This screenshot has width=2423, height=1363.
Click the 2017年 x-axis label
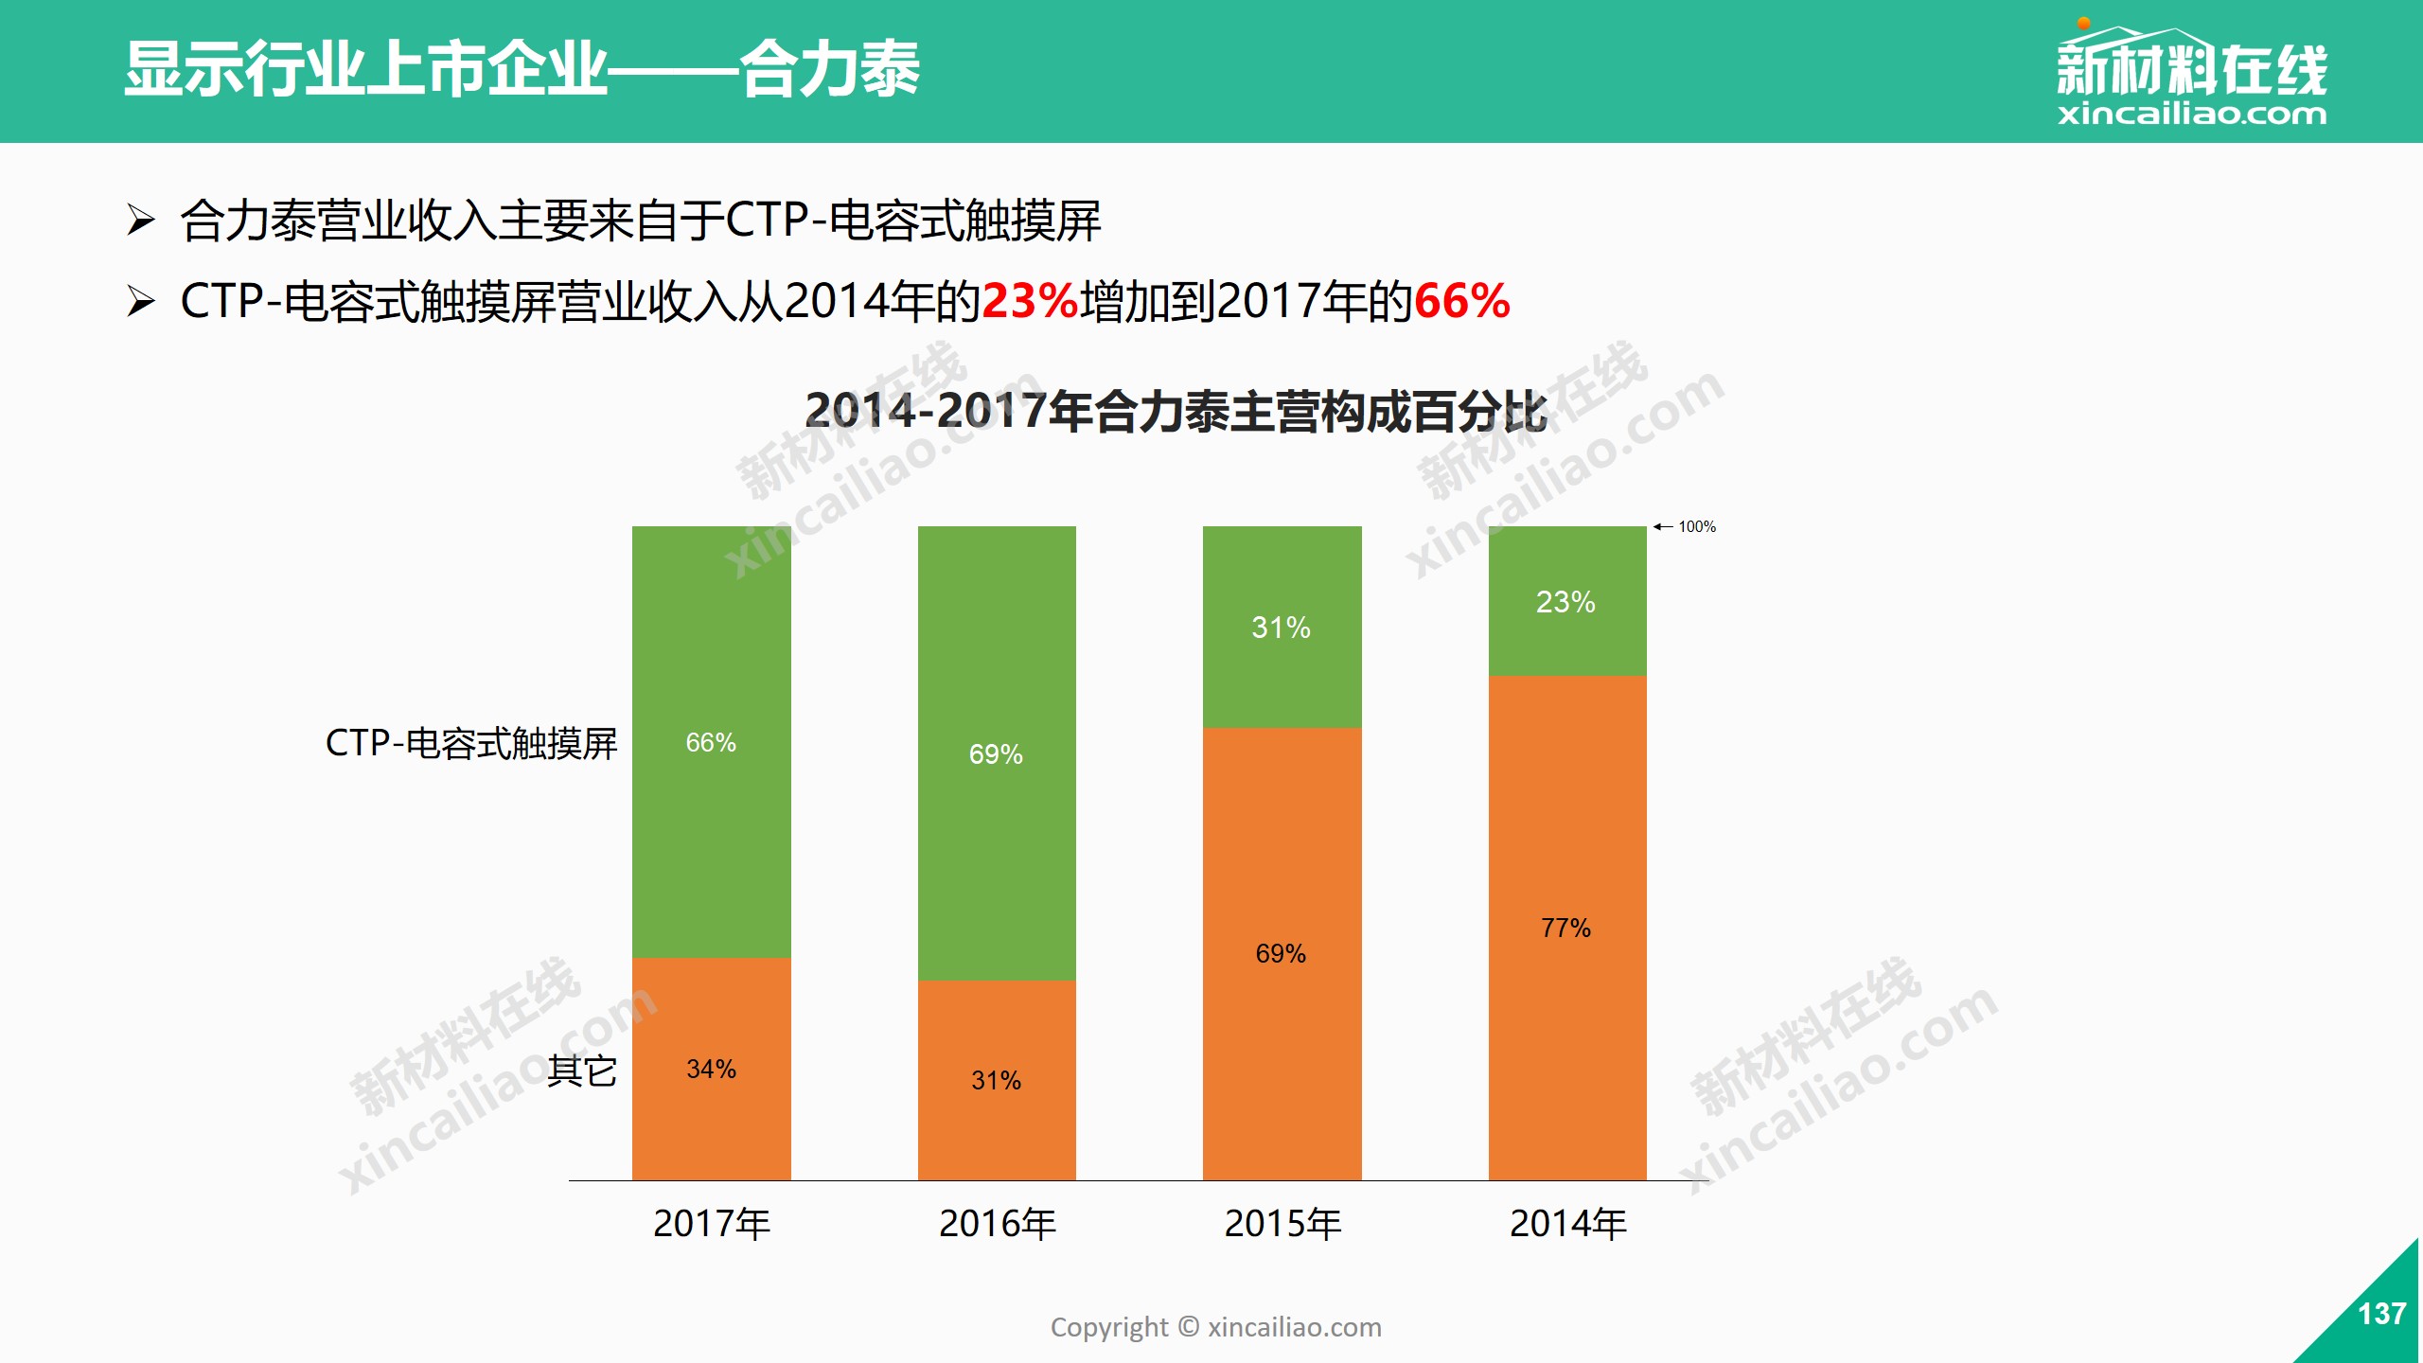pos(712,1224)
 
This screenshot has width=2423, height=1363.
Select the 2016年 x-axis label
pos(998,1224)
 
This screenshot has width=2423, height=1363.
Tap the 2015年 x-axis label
pos(1282,1224)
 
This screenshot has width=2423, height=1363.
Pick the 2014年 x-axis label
pos(1568,1224)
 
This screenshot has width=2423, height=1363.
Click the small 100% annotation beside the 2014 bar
pos(1695,526)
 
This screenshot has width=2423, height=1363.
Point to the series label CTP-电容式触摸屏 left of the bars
pos(470,743)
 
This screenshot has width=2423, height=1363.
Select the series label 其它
pos(582,1071)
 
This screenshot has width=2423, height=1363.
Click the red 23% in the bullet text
pos(1030,302)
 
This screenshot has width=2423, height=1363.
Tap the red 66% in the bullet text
pos(1461,302)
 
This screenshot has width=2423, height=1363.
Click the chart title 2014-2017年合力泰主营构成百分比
pos(1176,412)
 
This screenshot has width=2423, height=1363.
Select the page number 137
pos(2381,1314)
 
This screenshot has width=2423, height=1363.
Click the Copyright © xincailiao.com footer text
pos(1215,1327)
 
